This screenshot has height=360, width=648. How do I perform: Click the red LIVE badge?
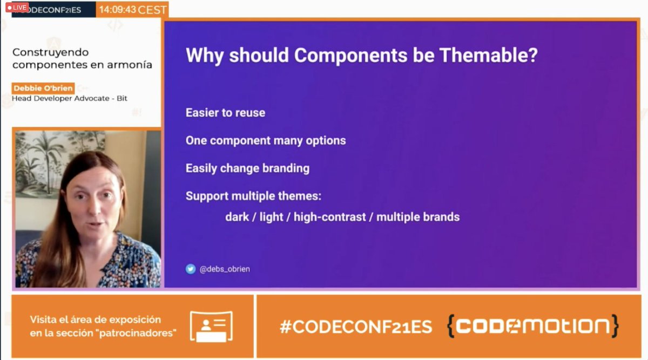pos(17,8)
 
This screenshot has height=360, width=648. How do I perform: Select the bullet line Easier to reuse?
pos(225,113)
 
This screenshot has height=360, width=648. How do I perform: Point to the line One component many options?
pos(266,140)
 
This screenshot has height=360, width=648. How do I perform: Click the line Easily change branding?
pos(247,168)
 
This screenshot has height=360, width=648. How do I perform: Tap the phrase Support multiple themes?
pos(253,196)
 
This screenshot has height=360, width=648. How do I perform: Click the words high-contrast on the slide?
pos(329,217)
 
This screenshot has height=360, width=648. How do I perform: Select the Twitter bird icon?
pos(191,269)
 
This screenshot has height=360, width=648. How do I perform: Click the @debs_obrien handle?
pos(225,269)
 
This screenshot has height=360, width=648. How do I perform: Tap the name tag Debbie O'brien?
pos(43,88)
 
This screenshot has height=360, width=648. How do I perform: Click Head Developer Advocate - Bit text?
pos(70,99)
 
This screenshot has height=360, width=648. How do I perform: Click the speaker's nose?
pos(97,210)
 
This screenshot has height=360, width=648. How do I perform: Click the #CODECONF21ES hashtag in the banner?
pos(356,327)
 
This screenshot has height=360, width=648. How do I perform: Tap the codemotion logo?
pos(532,326)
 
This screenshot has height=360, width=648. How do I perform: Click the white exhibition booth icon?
pos(211,327)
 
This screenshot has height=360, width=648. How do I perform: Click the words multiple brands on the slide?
pos(417,217)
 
